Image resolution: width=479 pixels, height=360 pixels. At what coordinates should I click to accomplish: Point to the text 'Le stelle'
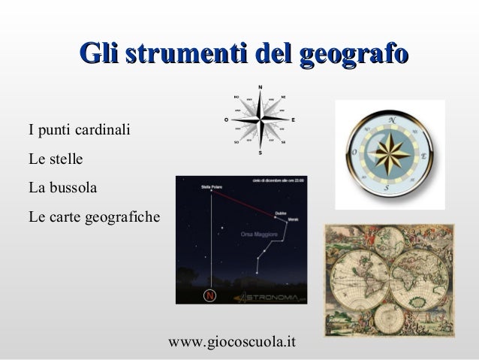pos(56,159)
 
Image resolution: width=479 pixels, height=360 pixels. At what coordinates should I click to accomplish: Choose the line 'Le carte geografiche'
pos(94,218)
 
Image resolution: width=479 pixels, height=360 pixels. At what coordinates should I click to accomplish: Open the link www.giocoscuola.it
pos(233,342)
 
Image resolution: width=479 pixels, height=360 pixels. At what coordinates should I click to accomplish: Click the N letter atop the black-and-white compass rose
pos(261,86)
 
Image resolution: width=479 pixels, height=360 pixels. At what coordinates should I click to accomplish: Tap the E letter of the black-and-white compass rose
pos(293,119)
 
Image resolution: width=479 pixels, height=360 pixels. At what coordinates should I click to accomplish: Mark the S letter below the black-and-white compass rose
pos(260,153)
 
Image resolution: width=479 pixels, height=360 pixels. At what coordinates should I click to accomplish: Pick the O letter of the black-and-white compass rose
pos(227,119)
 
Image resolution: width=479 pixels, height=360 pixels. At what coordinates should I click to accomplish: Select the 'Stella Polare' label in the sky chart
pos(212,186)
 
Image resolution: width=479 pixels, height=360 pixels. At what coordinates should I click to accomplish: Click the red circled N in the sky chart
pos(210,295)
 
